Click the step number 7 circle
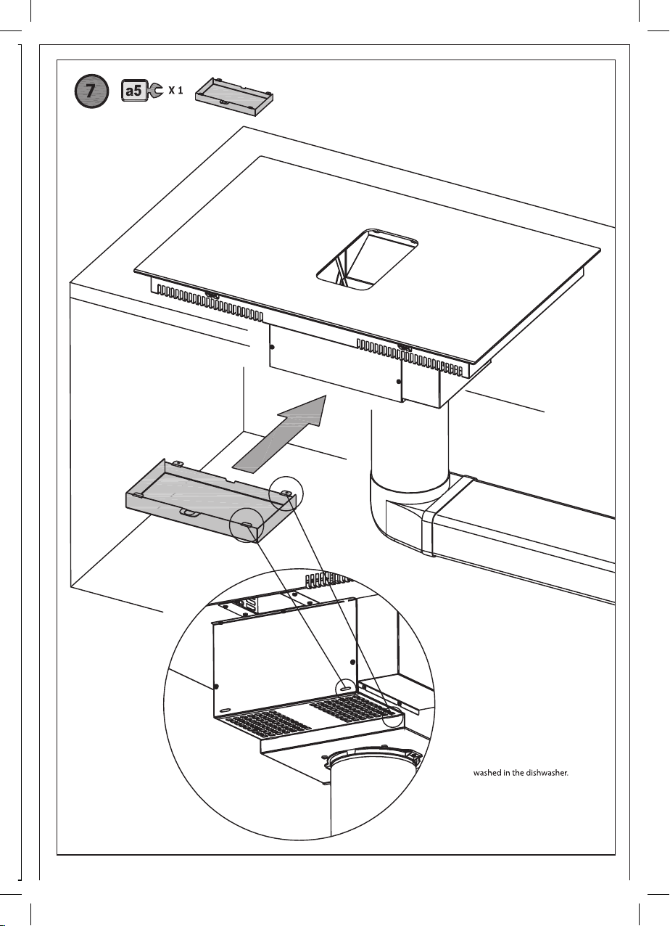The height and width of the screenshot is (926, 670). [x=91, y=91]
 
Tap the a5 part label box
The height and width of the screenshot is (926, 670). [x=134, y=91]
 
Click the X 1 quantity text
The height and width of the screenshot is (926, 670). [x=175, y=91]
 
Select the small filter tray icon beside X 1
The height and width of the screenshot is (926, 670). [x=234, y=96]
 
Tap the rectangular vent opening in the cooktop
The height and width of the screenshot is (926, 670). [x=367, y=259]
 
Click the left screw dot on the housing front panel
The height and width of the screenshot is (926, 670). [x=271, y=346]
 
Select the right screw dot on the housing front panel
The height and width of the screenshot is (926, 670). [x=398, y=381]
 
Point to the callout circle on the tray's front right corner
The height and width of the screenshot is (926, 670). [x=247, y=525]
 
